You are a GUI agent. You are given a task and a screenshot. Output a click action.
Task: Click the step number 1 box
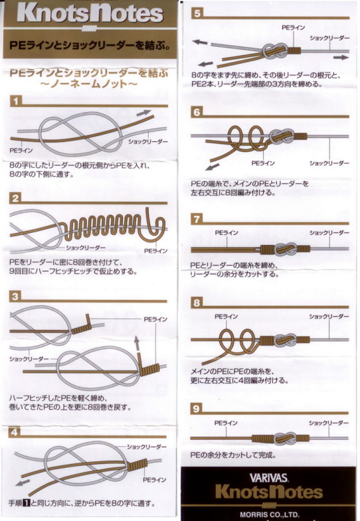pos(16,102)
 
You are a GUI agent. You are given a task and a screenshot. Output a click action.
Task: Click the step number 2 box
pos(16,198)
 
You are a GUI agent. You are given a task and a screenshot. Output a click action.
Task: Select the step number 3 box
pos(15,297)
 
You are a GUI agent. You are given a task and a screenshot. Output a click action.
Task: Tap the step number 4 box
pos(15,432)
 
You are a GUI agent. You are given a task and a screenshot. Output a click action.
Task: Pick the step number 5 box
pos(197,14)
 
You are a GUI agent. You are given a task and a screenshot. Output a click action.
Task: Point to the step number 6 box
pos(197,112)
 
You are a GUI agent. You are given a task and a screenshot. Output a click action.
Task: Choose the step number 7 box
pos(197,219)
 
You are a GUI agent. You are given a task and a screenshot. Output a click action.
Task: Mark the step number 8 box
pos(197,303)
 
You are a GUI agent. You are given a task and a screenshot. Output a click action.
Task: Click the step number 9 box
pos(196,408)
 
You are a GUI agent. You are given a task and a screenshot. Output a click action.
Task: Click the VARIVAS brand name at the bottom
pos(268,478)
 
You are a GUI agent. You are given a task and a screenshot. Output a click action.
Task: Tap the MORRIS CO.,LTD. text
pos(269,514)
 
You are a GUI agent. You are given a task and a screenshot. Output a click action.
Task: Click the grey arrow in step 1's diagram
pos(143,113)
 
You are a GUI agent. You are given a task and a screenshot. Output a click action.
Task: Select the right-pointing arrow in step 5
pos(341,58)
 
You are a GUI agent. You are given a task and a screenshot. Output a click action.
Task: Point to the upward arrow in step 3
pos(137,344)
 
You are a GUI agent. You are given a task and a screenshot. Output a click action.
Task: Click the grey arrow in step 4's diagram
pos(23,482)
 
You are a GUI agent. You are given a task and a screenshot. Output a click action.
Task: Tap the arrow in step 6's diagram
pos(213,167)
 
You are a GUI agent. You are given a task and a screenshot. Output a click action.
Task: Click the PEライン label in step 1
pos(21,151)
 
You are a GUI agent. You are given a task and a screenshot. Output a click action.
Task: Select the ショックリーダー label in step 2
pos(86,248)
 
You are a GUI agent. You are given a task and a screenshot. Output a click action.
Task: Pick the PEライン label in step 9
pos(226,423)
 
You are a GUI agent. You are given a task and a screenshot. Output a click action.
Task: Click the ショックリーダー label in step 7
pos(329,233)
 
